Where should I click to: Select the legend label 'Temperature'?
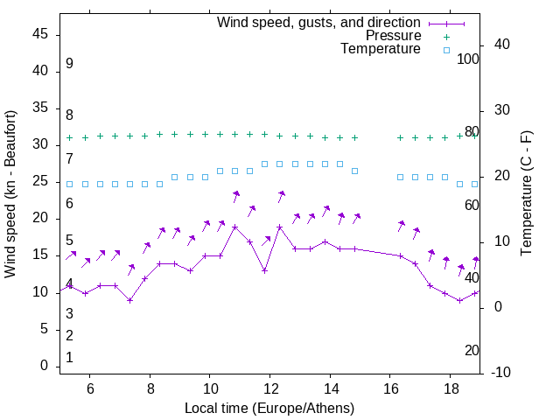click(x=381, y=49)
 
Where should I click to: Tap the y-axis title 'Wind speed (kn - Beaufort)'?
click(x=10, y=194)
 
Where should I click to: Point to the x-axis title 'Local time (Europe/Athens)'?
click(x=269, y=408)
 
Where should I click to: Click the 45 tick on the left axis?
click(x=40, y=33)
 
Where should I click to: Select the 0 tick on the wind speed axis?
click(x=45, y=366)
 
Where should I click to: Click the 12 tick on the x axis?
click(x=269, y=388)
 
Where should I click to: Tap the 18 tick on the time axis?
click(x=450, y=388)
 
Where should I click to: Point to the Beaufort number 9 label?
click(x=69, y=64)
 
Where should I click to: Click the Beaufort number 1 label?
click(x=69, y=358)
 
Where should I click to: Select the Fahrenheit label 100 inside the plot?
click(x=468, y=59)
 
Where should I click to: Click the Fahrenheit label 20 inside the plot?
click(x=472, y=350)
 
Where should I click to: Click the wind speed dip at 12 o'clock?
click(x=264, y=270)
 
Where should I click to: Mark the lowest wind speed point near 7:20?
click(x=129, y=300)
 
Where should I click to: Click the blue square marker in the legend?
click(x=446, y=50)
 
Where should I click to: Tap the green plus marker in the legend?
click(x=446, y=37)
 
